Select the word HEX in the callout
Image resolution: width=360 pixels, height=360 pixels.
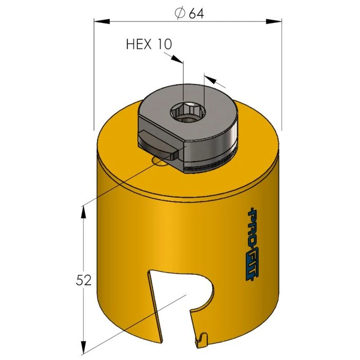pyautogui.click(x=139, y=44)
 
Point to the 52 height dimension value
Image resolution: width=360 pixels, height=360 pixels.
pyautogui.click(x=83, y=280)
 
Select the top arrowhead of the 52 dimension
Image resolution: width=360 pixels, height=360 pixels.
pyautogui.click(x=83, y=211)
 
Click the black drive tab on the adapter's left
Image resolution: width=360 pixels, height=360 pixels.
pyautogui.click(x=154, y=141)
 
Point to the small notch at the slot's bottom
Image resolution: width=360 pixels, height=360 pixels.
pyautogui.click(x=201, y=339)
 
